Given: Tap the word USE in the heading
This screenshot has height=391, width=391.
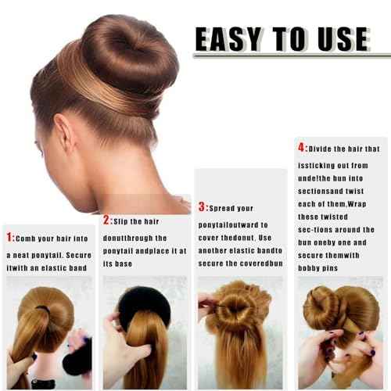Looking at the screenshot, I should click(338, 39).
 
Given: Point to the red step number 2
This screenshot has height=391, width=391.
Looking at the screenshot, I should click(106, 221).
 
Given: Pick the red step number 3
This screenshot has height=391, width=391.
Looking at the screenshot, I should click(202, 207).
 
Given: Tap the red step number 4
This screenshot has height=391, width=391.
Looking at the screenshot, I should click(300, 147).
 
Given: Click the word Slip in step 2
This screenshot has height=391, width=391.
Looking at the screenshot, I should click(124, 221).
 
